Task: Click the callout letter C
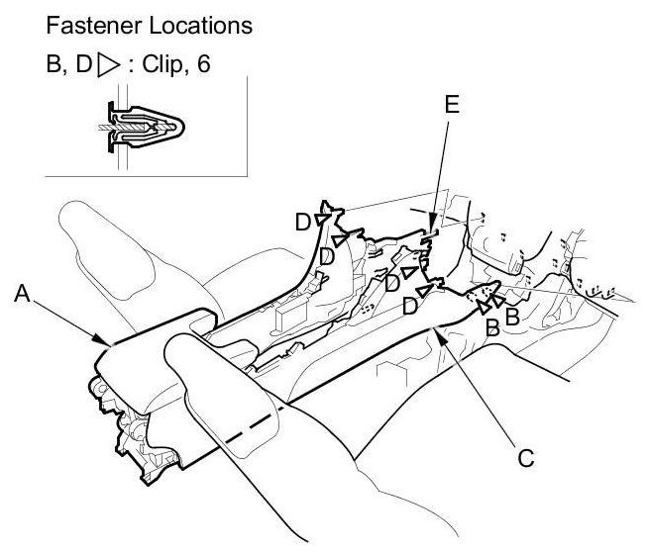point(526,457)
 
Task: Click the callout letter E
point(453,105)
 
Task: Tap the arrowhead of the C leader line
point(437,331)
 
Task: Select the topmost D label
point(303,223)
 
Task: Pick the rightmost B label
point(512,316)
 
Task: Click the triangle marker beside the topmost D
point(323,219)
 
